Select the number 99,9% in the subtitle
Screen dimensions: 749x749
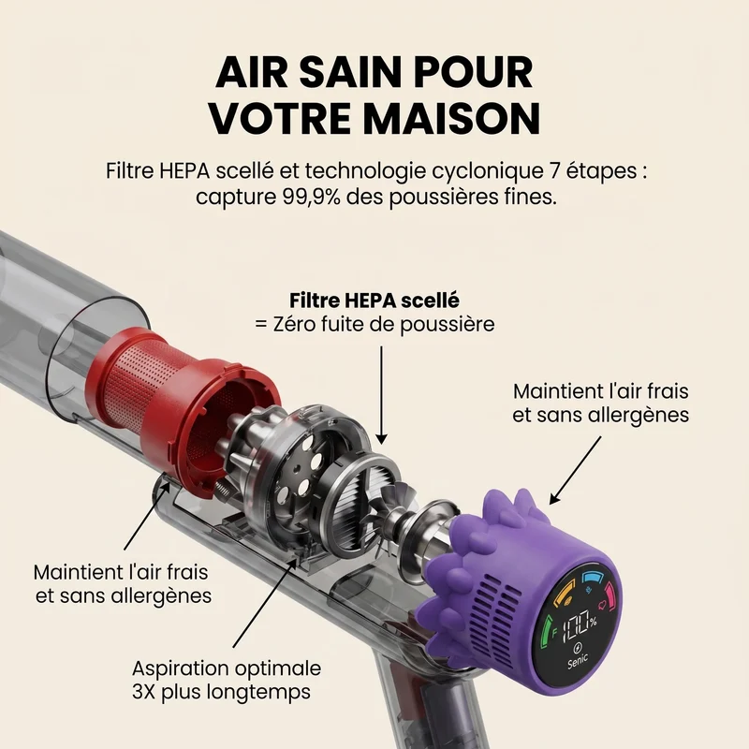309,197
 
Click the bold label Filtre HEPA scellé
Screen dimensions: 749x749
374,301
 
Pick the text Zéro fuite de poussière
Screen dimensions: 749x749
384,324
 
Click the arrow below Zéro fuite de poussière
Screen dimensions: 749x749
382,395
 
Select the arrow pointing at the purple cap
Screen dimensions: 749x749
575,470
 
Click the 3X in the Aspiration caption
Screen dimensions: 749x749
144,692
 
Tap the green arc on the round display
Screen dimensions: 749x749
546,631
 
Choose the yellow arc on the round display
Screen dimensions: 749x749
562,595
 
